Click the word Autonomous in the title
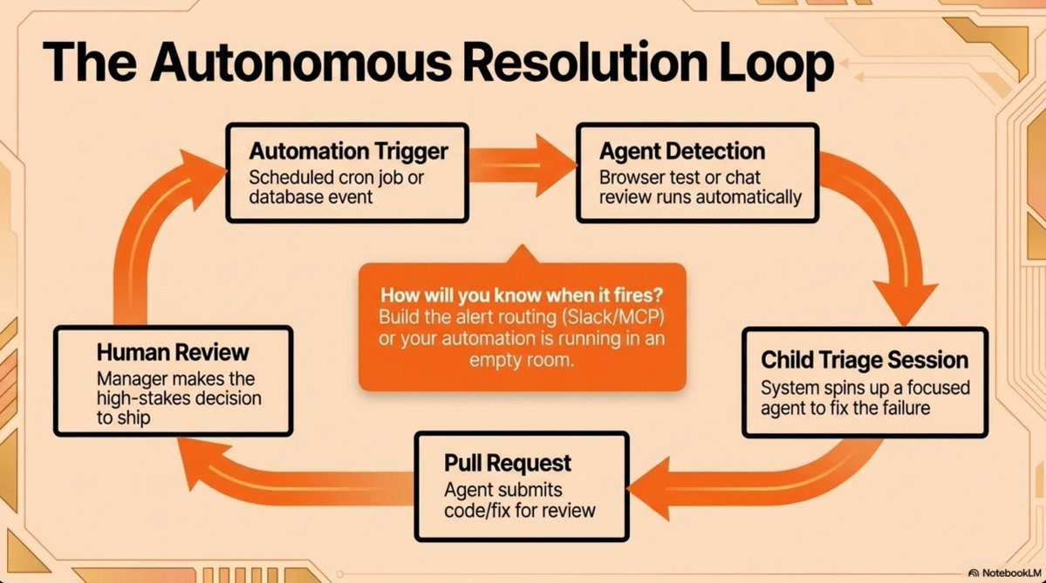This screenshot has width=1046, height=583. [x=301, y=62]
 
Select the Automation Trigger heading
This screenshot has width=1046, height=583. [x=348, y=152]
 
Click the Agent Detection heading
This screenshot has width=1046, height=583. [x=681, y=152]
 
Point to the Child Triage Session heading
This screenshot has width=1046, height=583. [x=865, y=360]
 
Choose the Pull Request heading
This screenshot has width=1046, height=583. [x=508, y=463]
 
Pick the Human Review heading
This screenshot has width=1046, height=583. [x=173, y=352]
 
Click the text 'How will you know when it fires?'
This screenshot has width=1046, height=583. [x=522, y=295]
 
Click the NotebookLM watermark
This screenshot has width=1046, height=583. [x=1005, y=573]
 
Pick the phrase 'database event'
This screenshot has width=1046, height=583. [x=311, y=197]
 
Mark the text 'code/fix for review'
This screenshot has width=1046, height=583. [x=520, y=511]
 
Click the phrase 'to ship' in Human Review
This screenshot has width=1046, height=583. [x=123, y=418]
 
